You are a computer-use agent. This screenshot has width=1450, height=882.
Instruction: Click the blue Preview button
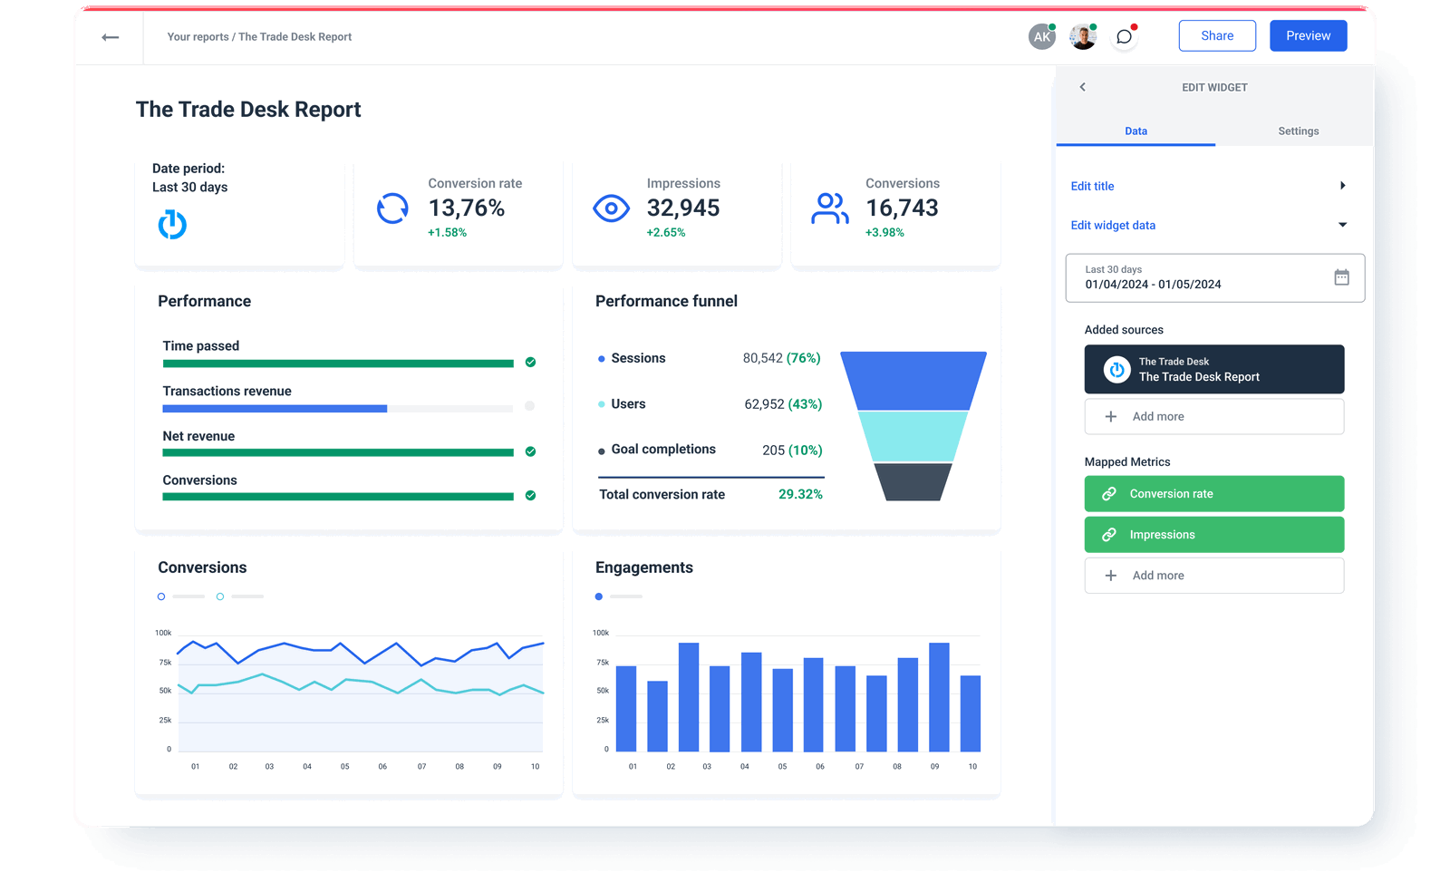click(1308, 36)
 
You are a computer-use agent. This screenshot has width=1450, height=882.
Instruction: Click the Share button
click(1216, 36)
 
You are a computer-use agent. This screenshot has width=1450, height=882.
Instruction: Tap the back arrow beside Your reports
click(111, 37)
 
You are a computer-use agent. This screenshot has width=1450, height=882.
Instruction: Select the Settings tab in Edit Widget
click(1298, 131)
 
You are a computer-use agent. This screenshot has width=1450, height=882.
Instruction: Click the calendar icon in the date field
click(1341, 277)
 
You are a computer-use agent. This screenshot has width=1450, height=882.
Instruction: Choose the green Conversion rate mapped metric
click(1213, 494)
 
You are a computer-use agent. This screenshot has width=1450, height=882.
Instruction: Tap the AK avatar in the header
click(1042, 37)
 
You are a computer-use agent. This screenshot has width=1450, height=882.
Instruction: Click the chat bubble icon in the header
click(1124, 37)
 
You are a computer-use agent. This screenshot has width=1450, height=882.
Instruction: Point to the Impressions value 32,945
click(682, 208)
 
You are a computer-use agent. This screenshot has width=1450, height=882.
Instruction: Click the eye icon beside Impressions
click(611, 208)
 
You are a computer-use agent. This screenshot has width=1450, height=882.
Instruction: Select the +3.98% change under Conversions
click(884, 233)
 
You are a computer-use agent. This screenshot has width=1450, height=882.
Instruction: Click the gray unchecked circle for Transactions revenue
click(530, 406)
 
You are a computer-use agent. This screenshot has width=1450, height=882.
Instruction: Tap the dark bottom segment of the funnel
click(913, 481)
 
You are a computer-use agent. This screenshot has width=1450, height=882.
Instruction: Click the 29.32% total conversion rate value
click(800, 495)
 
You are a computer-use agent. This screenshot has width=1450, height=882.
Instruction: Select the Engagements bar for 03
click(689, 696)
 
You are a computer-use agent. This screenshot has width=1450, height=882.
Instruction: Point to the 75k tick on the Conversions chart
click(165, 663)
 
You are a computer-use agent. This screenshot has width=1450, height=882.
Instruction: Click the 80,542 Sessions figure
click(762, 359)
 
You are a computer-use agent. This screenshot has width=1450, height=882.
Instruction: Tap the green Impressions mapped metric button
click(1213, 535)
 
